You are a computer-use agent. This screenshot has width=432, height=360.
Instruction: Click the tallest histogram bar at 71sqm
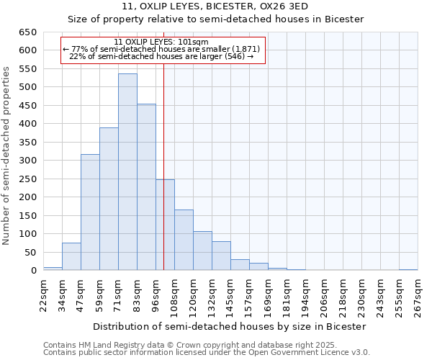point(127,172)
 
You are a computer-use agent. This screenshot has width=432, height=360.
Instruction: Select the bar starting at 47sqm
point(90,212)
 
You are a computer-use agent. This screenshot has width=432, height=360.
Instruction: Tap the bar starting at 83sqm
point(146,187)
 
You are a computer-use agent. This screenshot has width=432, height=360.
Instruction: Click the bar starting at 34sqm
point(71,256)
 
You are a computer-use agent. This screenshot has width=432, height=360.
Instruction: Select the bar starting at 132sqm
point(221,256)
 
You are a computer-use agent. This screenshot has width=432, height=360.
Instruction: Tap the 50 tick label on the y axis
point(30,252)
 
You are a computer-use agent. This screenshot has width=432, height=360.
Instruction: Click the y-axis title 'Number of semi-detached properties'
point(6,155)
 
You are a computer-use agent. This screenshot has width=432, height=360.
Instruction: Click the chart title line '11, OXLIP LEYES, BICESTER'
point(215,6)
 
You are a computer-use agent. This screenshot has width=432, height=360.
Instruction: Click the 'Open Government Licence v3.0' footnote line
point(207,352)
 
